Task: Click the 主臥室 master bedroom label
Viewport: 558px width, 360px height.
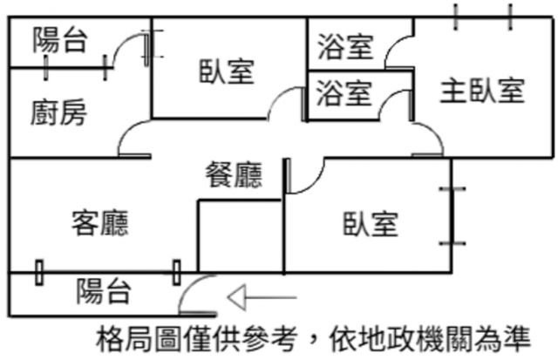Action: coord(482,91)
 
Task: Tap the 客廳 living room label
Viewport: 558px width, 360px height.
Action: coord(100,223)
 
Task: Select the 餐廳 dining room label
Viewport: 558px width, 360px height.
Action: coord(234,174)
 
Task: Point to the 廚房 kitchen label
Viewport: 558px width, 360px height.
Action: coord(58,112)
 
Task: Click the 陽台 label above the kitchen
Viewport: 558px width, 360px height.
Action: coord(60,40)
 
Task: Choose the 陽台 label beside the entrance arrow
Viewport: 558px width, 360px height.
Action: coord(104,291)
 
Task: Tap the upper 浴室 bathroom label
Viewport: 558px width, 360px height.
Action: coord(345,46)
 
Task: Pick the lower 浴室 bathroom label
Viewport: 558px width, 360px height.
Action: coord(344,93)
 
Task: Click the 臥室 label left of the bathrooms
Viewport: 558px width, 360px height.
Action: coord(227,71)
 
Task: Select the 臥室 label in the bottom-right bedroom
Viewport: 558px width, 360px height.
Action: coord(370,224)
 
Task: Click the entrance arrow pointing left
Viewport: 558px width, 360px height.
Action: coord(262,297)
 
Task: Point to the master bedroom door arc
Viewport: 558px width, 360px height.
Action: coord(435,132)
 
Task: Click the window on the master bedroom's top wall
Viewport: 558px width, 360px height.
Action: coord(483,17)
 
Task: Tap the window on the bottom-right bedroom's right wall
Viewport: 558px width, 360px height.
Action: coord(452,216)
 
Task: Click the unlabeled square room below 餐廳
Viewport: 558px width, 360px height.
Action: coord(241,236)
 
